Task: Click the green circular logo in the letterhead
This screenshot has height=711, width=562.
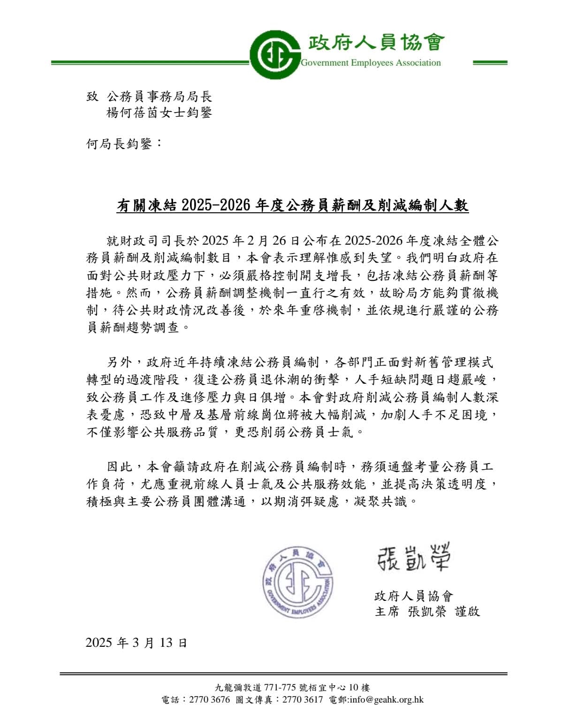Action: point(274,55)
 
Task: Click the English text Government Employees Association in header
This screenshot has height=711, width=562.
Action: point(371,63)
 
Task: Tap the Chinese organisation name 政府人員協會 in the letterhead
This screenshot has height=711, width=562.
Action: point(375,43)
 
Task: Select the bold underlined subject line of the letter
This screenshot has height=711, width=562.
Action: point(293,205)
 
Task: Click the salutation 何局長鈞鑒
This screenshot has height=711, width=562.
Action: point(124,144)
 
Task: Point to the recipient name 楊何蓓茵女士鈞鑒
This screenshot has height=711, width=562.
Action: point(159,113)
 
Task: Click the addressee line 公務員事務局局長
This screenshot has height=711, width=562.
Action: point(159,97)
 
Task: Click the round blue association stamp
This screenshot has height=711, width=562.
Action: point(297,581)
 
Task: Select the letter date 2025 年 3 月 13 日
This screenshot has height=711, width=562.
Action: point(137,642)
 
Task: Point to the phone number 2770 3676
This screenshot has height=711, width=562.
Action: point(209,700)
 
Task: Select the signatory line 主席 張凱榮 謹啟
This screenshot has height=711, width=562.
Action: point(427,612)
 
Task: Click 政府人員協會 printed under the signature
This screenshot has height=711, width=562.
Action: point(414,596)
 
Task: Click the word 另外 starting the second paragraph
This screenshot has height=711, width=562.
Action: point(118,362)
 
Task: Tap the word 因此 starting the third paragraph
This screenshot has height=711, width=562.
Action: point(118,467)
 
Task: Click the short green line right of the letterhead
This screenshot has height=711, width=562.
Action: point(490,62)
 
